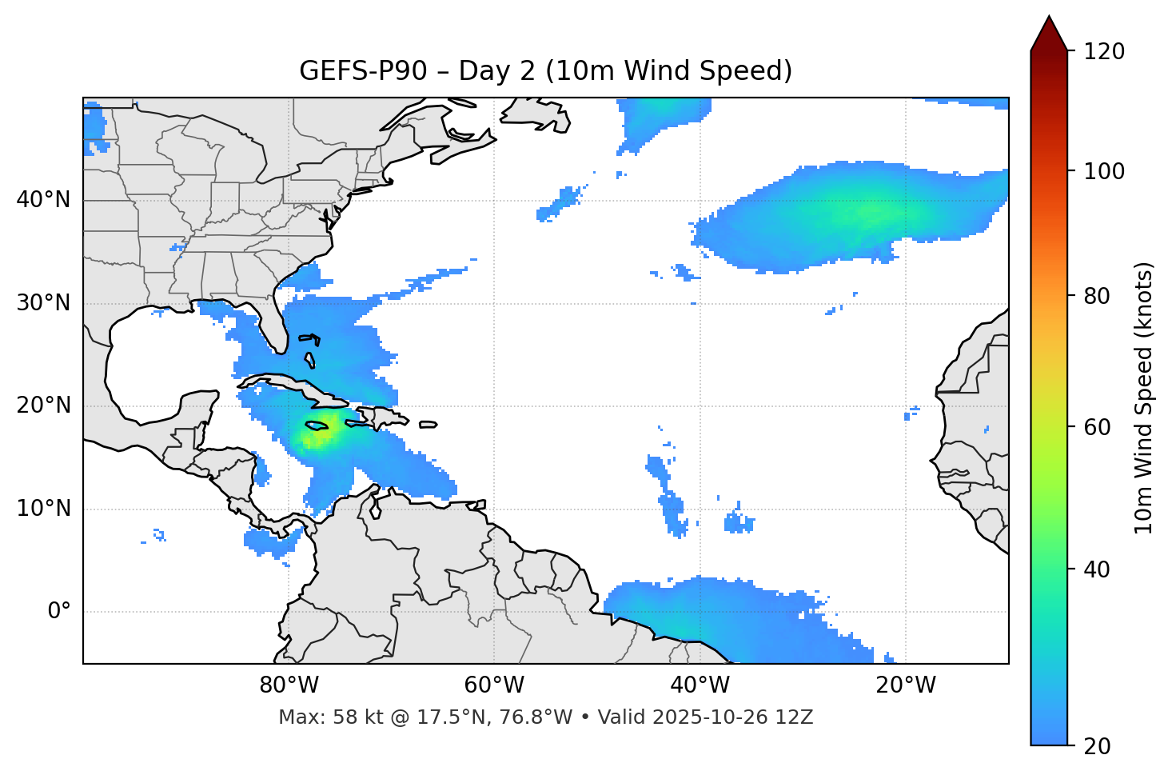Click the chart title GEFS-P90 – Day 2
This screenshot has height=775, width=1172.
pyautogui.click(x=545, y=71)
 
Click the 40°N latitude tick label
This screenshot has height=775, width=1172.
pyautogui.click(x=44, y=200)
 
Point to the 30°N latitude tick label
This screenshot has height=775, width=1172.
pyautogui.click(x=44, y=303)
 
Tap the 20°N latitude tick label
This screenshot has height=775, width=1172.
pyautogui.click(x=44, y=405)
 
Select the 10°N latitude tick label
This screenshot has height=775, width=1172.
pyautogui.click(x=44, y=509)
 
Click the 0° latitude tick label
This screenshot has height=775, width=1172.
pyautogui.click(x=59, y=612)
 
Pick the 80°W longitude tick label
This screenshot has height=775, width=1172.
pyautogui.click(x=289, y=685)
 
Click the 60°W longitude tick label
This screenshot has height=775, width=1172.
pyautogui.click(x=494, y=685)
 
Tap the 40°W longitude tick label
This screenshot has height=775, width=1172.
pyautogui.click(x=700, y=685)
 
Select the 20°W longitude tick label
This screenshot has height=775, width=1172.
pyautogui.click(x=905, y=685)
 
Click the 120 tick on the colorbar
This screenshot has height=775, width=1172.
pyautogui.click(x=1104, y=52)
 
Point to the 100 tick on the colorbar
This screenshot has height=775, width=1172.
pyautogui.click(x=1104, y=171)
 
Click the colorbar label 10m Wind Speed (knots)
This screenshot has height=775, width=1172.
pyautogui.click(x=1144, y=398)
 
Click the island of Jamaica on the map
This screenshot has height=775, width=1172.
pyautogui.click(x=317, y=425)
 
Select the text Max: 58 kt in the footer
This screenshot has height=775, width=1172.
pyautogui.click(x=316, y=717)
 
